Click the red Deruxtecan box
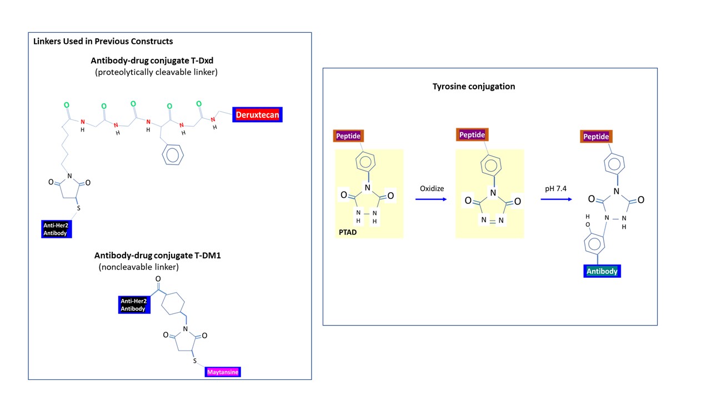click(x=258, y=115)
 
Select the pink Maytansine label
click(x=222, y=372)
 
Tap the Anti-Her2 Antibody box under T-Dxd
click(x=57, y=229)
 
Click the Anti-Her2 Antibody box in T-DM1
click(x=133, y=304)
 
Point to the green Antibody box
click(x=602, y=271)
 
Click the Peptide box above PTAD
click(x=348, y=136)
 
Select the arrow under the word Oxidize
click(x=432, y=198)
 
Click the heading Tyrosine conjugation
click(x=474, y=87)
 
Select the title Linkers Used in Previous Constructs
click(x=103, y=41)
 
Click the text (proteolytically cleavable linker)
click(x=156, y=72)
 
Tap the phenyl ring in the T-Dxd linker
click(x=173, y=155)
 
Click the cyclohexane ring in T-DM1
click(x=172, y=304)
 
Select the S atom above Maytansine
click(x=194, y=361)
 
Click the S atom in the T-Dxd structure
click(x=79, y=208)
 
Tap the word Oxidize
click(x=432, y=188)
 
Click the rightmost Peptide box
click(x=596, y=136)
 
